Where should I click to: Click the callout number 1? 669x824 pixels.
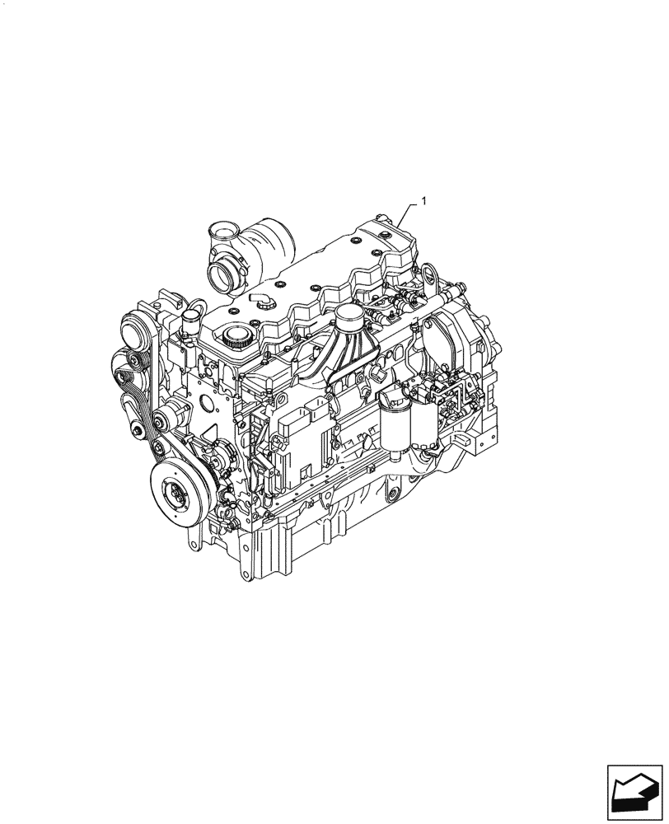[423, 200]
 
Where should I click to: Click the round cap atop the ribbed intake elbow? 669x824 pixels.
[349, 316]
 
